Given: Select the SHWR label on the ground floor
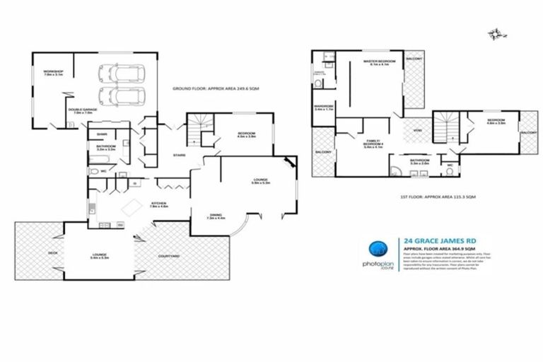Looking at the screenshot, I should (x=102, y=134).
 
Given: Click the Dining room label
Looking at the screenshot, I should (x=216, y=217).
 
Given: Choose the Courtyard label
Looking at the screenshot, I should (x=168, y=257).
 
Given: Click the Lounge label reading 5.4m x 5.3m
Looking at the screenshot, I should (x=99, y=256).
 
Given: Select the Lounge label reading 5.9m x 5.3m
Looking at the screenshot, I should (x=260, y=182).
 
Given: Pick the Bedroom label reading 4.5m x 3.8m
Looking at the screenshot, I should (x=246, y=135).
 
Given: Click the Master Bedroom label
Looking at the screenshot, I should (x=379, y=64).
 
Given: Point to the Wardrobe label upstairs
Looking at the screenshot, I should (x=324, y=108).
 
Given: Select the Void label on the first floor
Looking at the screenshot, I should (x=417, y=131).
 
